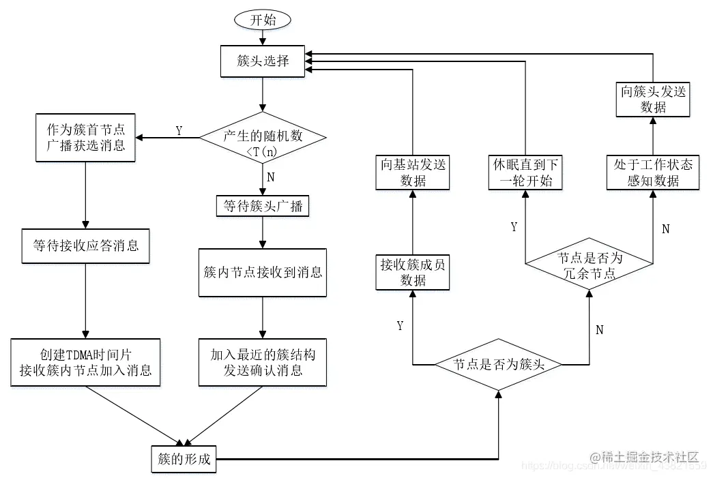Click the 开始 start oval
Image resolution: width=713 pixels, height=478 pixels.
coord(263,19)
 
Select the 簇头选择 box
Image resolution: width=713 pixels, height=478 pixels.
coord(263,61)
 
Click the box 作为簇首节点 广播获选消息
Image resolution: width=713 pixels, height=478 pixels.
coord(85,137)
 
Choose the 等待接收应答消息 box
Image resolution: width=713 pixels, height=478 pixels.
coord(85,245)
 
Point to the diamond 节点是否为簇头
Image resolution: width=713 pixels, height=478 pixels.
coord(499,364)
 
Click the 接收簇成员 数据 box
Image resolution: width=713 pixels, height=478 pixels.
coord(413,272)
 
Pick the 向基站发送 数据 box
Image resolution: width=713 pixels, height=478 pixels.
coord(413,172)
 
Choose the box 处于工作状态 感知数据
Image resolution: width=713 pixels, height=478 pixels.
coord(653,172)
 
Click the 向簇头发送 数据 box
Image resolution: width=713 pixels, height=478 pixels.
coord(653,99)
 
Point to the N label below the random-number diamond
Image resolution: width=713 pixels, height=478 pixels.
coord(271,176)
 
